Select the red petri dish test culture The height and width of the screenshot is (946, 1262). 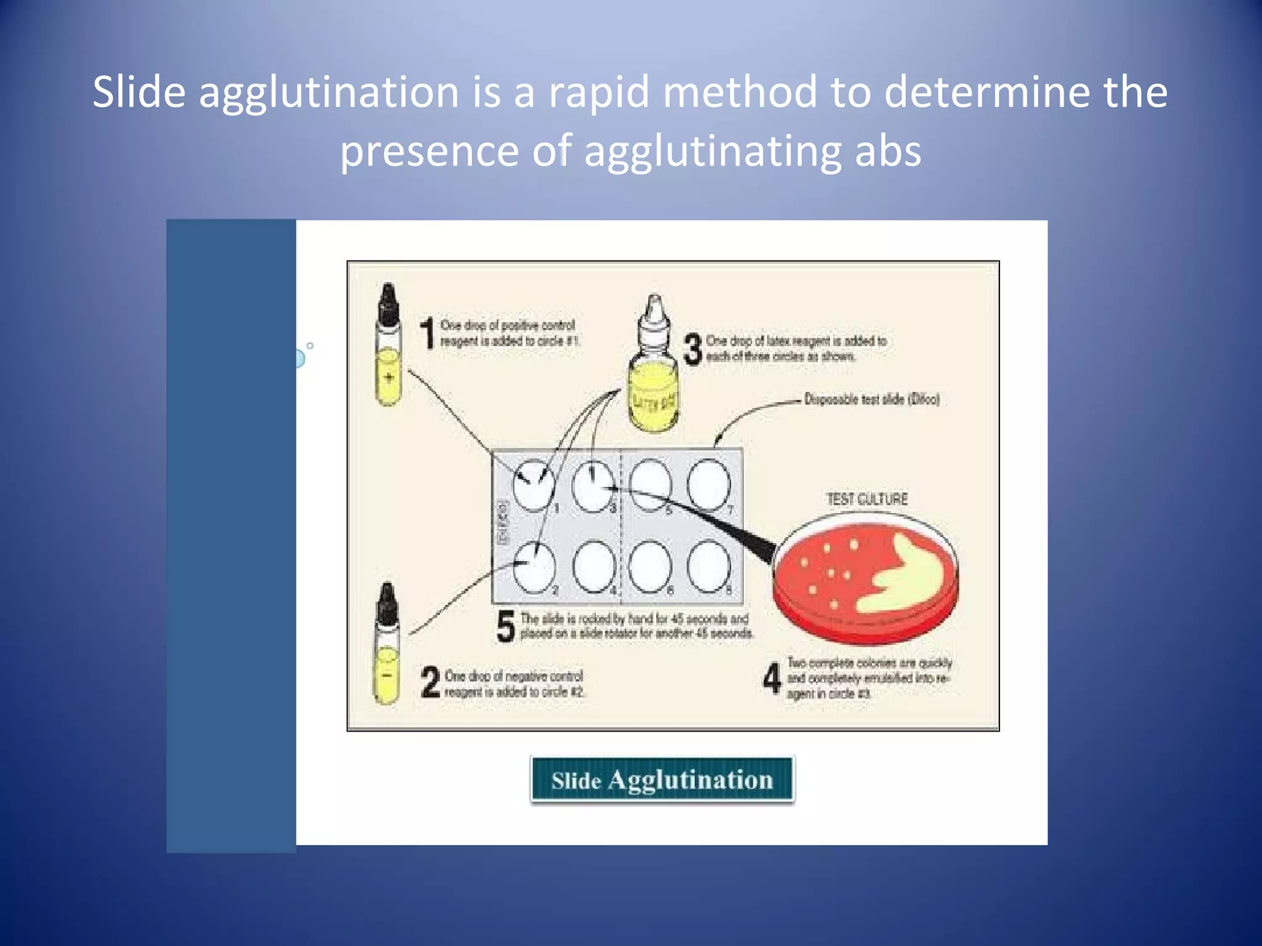click(x=866, y=579)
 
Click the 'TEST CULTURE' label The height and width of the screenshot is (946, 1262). click(x=866, y=499)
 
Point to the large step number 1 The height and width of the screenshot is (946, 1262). click(x=427, y=333)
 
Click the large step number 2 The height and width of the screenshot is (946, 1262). click(x=430, y=682)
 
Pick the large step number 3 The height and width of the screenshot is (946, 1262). click(x=693, y=349)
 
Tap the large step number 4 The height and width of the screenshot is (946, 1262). click(x=771, y=678)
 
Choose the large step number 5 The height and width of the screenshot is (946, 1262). click(x=505, y=626)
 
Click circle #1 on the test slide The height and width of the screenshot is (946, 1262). click(x=534, y=485)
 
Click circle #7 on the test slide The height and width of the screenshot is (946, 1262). click(x=709, y=485)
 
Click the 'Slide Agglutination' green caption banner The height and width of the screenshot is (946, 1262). click(x=662, y=780)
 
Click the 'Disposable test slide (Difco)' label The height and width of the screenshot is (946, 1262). click(x=871, y=400)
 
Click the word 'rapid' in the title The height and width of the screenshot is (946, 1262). click(x=598, y=92)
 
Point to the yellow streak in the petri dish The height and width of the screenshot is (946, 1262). click(x=906, y=576)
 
